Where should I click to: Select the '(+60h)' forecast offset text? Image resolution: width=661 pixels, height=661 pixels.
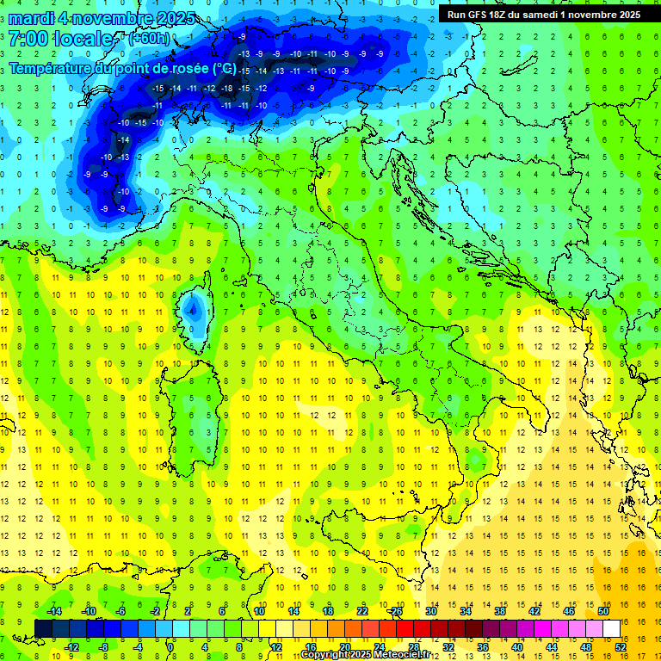coord(149,40)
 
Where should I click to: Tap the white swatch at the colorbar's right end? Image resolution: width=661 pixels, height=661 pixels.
coord(611,628)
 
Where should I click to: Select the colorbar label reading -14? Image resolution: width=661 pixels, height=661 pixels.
coord(53,611)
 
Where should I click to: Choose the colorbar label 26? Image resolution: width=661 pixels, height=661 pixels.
coord(397,611)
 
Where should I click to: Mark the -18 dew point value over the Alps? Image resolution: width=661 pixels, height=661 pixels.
coord(227,89)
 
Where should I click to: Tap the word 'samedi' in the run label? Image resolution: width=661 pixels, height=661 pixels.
coord(541,15)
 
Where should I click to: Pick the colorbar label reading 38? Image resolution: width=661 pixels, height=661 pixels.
coord(500,611)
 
